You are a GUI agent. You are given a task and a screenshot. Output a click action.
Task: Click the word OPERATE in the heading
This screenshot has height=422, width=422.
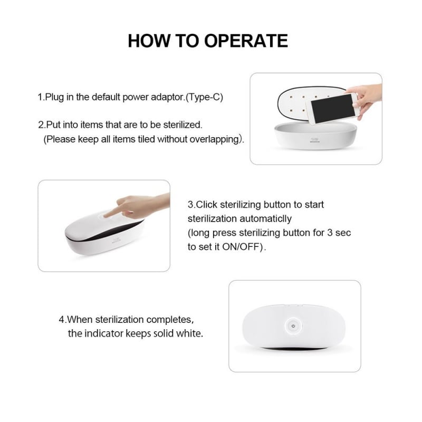coord(246,41)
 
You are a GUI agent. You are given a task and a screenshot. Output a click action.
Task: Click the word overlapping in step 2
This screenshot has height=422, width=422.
coord(215,139)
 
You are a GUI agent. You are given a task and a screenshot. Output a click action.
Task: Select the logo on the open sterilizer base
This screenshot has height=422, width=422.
coord(313,140)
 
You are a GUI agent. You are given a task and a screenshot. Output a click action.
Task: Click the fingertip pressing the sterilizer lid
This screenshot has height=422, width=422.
coord(105,215)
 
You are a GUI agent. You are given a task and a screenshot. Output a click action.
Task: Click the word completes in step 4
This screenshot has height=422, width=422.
coord(169,320)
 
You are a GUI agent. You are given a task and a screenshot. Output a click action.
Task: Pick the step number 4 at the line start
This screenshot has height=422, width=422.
coord(62,320)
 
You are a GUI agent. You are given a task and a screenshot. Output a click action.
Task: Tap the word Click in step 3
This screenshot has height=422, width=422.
coord(206,205)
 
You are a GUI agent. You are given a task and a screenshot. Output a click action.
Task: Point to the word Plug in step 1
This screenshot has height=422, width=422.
coord(54,97)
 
